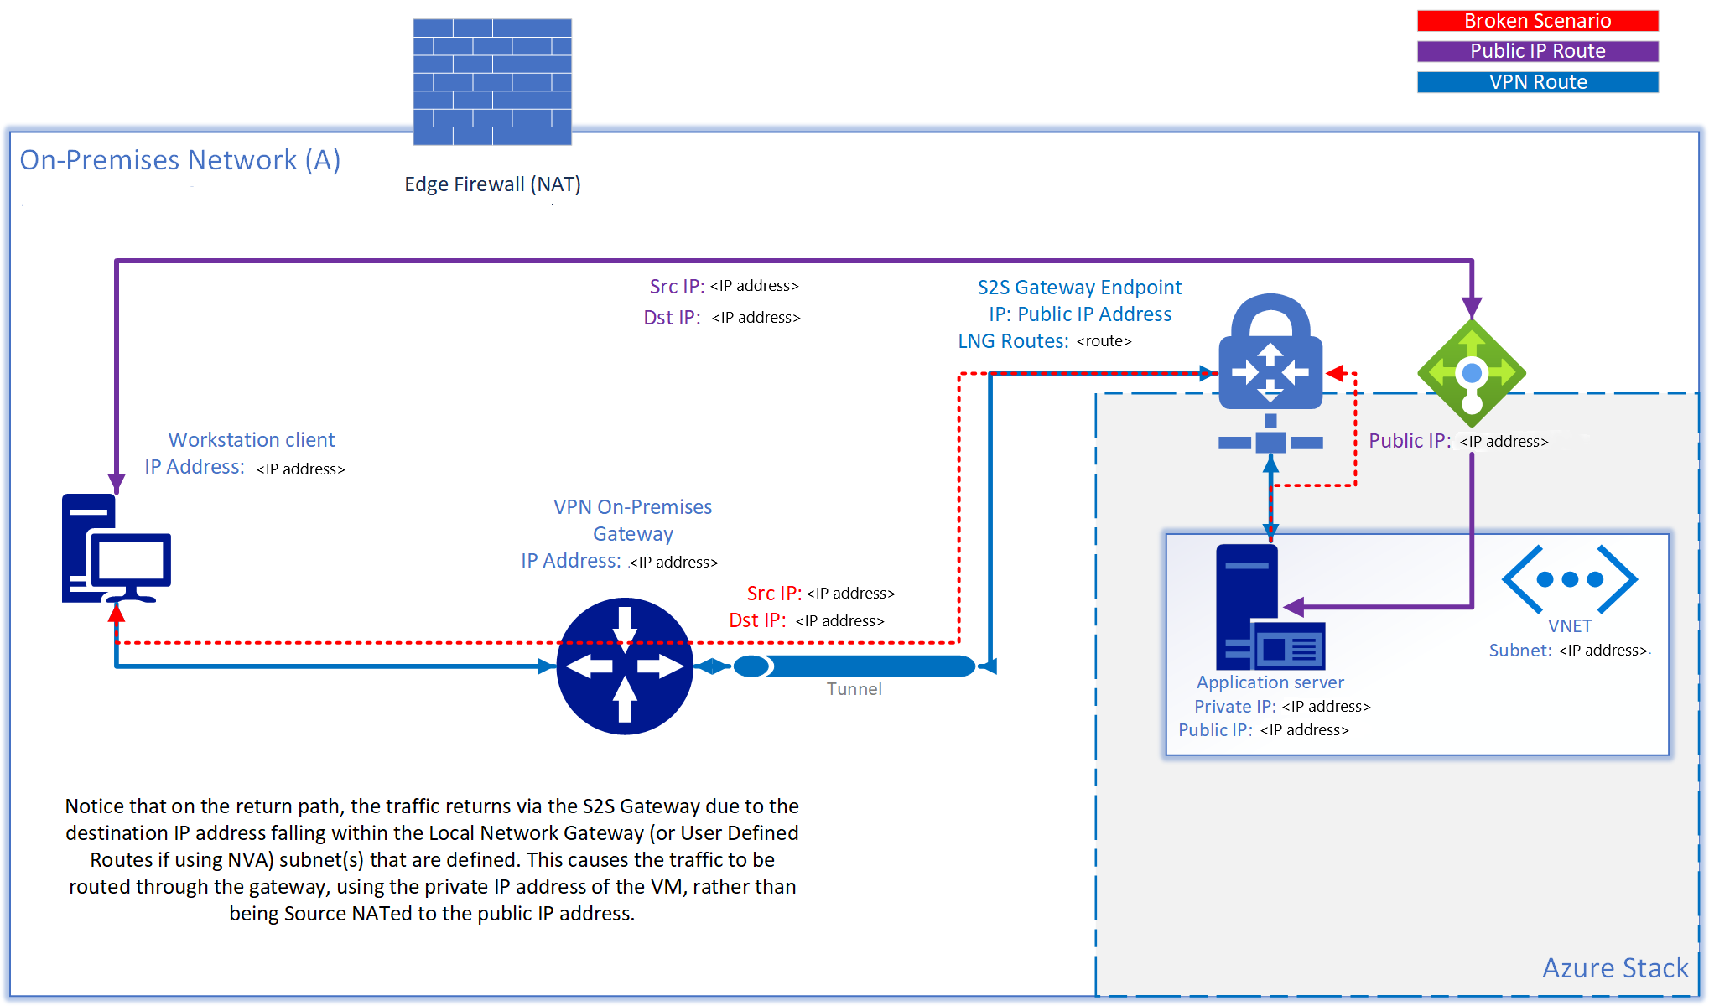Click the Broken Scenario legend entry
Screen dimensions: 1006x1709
point(1537,21)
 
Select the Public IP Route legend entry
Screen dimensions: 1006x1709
point(1537,51)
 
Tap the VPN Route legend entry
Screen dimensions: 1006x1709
point(1537,82)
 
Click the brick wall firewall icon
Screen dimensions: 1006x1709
point(492,81)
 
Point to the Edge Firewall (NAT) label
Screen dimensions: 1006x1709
point(492,184)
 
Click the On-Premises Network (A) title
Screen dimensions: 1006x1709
point(180,160)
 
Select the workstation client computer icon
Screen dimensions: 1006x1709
point(116,549)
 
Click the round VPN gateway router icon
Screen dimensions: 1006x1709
point(625,666)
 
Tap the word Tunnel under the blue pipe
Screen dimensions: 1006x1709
point(854,689)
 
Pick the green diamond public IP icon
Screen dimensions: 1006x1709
point(1471,373)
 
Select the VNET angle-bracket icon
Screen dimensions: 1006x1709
point(1569,579)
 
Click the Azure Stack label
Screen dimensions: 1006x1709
point(1615,968)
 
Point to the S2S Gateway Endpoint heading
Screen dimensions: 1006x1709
point(1079,288)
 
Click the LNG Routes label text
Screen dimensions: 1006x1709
point(1013,341)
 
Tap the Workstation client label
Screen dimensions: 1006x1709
point(252,440)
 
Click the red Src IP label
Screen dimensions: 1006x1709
point(774,594)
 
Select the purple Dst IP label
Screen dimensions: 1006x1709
point(672,318)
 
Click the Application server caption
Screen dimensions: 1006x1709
point(1270,682)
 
